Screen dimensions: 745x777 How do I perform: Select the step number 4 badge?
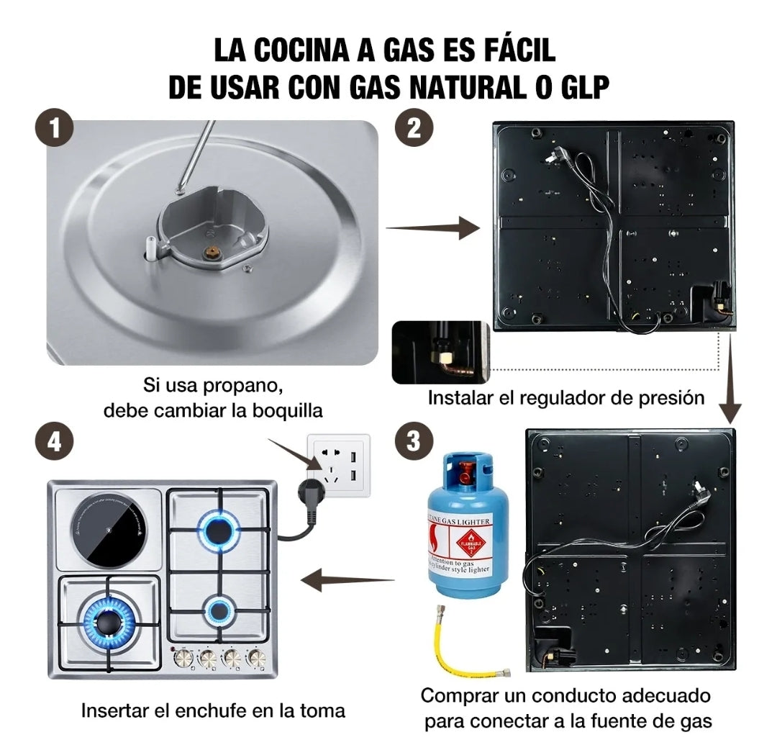tap(54, 442)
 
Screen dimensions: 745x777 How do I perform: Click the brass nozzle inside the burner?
tap(213, 252)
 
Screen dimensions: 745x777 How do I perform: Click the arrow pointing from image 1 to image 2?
tap(433, 229)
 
